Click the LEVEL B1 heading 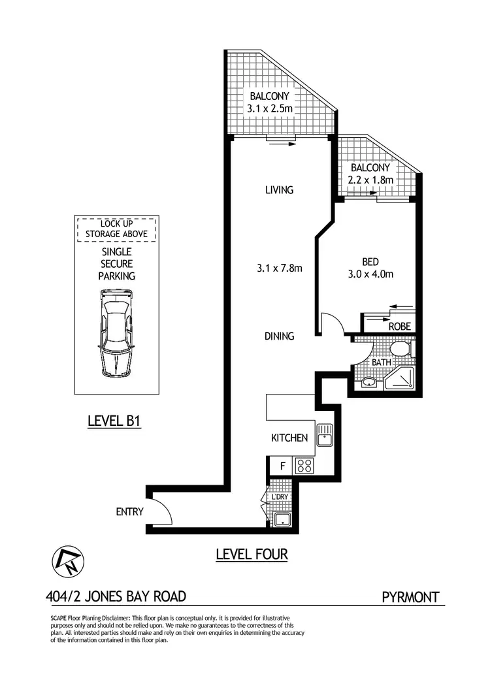click(x=114, y=422)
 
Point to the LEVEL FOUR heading click(x=252, y=555)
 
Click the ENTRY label click(x=129, y=512)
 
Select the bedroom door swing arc click(x=333, y=324)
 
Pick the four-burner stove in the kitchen click(x=304, y=466)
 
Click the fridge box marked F click(x=282, y=466)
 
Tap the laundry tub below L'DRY click(x=282, y=519)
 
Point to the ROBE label click(x=399, y=326)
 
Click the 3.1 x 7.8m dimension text click(x=278, y=268)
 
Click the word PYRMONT click(x=410, y=596)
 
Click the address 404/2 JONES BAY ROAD click(x=116, y=596)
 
